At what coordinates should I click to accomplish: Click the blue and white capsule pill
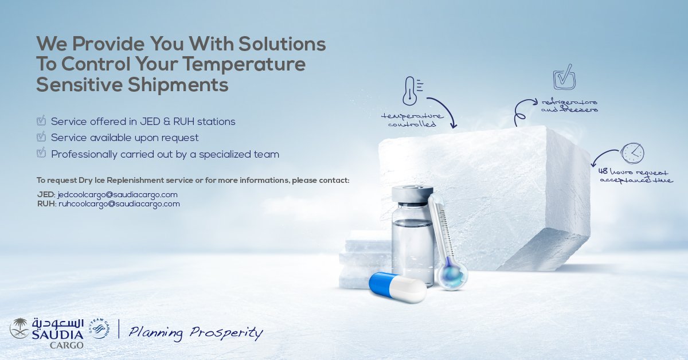point(397,287)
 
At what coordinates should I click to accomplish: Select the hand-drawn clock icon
point(632,153)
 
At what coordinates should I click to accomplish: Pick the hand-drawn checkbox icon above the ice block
point(564,79)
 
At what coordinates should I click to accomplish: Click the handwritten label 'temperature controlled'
point(412,119)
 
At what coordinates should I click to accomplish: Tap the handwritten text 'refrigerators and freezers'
point(569,105)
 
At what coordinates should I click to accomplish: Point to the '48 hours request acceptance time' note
point(636,175)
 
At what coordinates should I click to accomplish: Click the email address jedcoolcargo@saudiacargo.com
point(118,195)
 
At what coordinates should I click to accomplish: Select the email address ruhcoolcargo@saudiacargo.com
point(119,204)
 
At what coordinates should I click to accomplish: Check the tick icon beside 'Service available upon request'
point(41,138)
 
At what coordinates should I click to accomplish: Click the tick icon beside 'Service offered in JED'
point(41,121)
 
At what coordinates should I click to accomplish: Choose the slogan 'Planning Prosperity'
point(196,332)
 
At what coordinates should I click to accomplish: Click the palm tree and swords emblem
point(20,328)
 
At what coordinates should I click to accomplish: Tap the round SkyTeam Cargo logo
point(99,329)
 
